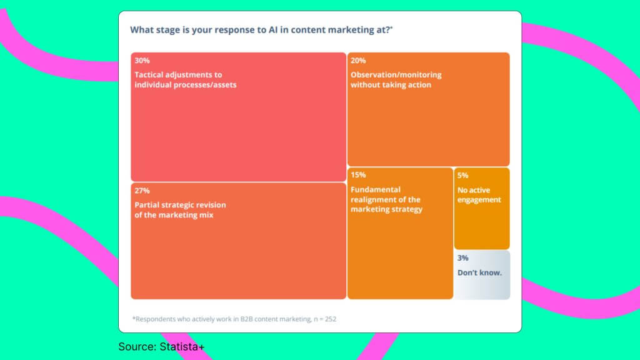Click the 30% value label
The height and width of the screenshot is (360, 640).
[x=142, y=61]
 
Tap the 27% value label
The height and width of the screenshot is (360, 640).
[x=142, y=191]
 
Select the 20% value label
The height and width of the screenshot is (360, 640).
[x=358, y=61]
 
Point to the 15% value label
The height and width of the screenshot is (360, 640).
[x=358, y=175]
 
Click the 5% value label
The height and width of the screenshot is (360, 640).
[x=462, y=176]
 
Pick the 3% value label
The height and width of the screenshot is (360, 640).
[x=462, y=258]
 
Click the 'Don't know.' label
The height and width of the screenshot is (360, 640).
[x=479, y=272]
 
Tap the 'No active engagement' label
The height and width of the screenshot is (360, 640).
[x=479, y=195]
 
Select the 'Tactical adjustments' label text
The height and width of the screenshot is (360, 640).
[x=186, y=79]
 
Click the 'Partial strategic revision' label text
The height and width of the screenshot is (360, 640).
[x=180, y=209]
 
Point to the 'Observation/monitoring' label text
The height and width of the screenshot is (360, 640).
[x=396, y=79]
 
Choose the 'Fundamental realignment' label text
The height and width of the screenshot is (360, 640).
[x=386, y=199]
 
